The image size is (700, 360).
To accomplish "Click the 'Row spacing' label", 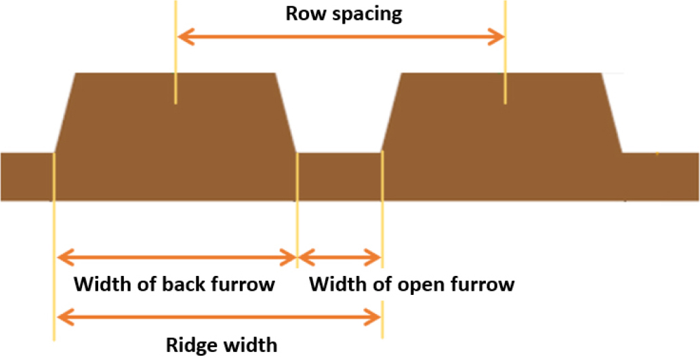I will coord(344,14).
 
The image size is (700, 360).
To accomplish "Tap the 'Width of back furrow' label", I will coord(174,283).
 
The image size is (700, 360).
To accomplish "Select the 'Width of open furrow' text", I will coord(411,283).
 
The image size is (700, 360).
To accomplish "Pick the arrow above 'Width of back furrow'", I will coord(176,257).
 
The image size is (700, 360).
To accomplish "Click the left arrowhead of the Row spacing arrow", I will coord(183,35).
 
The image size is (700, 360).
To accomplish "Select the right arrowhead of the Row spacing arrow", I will coord(497,35).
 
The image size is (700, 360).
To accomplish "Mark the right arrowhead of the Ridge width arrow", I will coord(375,315).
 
